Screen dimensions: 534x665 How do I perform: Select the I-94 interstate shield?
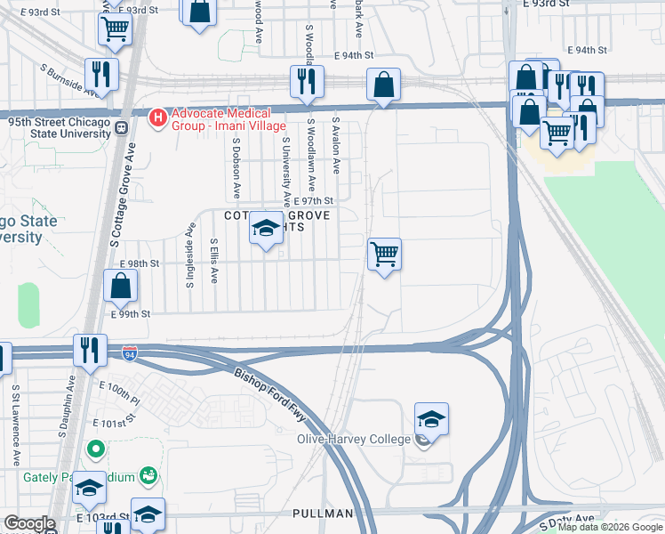click(130, 353)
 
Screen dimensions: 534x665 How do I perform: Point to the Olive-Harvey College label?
click(353, 439)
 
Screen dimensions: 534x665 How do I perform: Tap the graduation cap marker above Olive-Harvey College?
click(431, 418)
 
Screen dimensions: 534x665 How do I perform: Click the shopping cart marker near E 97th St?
click(384, 255)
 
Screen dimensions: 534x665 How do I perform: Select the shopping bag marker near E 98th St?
click(121, 287)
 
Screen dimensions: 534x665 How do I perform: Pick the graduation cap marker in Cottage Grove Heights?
click(265, 229)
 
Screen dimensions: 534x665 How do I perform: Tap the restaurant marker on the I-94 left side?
click(90, 350)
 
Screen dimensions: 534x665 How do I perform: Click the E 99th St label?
click(131, 313)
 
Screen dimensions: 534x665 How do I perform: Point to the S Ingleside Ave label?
click(189, 255)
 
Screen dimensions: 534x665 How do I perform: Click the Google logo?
click(29, 523)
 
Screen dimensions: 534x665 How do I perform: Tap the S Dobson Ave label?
click(237, 167)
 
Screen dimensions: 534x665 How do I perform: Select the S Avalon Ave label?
click(336, 145)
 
